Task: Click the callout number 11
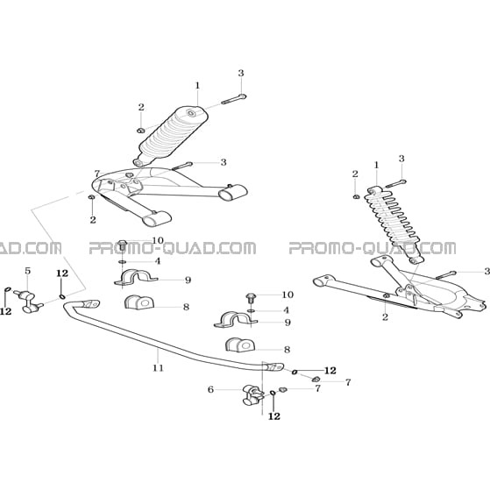tap(158, 368)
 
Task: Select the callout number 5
tap(28, 271)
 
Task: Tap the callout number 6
tap(210, 389)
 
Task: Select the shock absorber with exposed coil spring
tap(395, 224)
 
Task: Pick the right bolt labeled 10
tap(251, 298)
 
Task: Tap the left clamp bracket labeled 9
tap(135, 277)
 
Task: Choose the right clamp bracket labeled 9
tap(235, 319)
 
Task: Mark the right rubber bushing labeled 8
tap(240, 344)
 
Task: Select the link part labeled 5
tap(28, 301)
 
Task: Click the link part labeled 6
tap(252, 395)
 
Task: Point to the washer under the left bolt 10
tap(123, 261)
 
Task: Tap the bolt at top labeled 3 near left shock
tap(234, 99)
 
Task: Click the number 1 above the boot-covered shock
tap(197, 85)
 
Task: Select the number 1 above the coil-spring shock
tap(376, 165)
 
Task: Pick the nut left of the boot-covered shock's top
tap(140, 131)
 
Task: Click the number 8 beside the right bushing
tap(287, 350)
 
